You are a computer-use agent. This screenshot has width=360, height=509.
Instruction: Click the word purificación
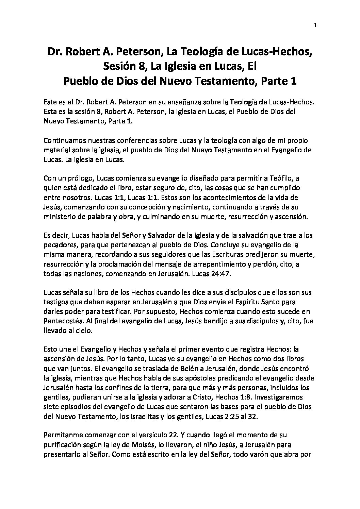pos(63,444)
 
